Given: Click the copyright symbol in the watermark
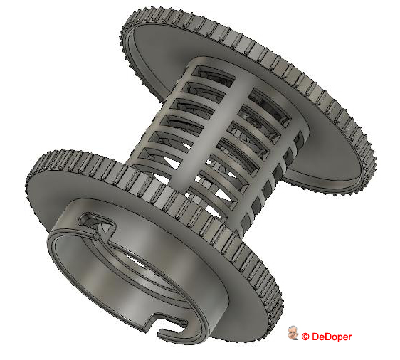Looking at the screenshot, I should click(305, 337).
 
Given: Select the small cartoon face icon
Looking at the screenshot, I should click(293, 334).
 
